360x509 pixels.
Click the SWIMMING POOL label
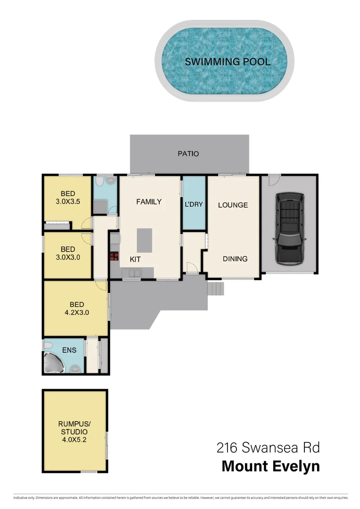tap(227, 62)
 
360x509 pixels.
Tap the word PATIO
tap(188, 154)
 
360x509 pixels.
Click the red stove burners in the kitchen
tap(114, 257)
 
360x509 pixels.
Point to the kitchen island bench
tap(145, 240)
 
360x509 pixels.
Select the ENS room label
tap(69, 350)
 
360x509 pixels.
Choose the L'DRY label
tap(194, 205)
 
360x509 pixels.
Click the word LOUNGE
tap(233, 205)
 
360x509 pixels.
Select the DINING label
tap(235, 259)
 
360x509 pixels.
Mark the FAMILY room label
tap(149, 202)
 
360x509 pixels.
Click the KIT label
tap(135, 259)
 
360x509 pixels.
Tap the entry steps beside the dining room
tap(215, 288)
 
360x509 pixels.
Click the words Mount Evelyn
tap(270, 466)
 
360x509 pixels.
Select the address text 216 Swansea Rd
tap(268, 447)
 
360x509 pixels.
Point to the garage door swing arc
tap(274, 180)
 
